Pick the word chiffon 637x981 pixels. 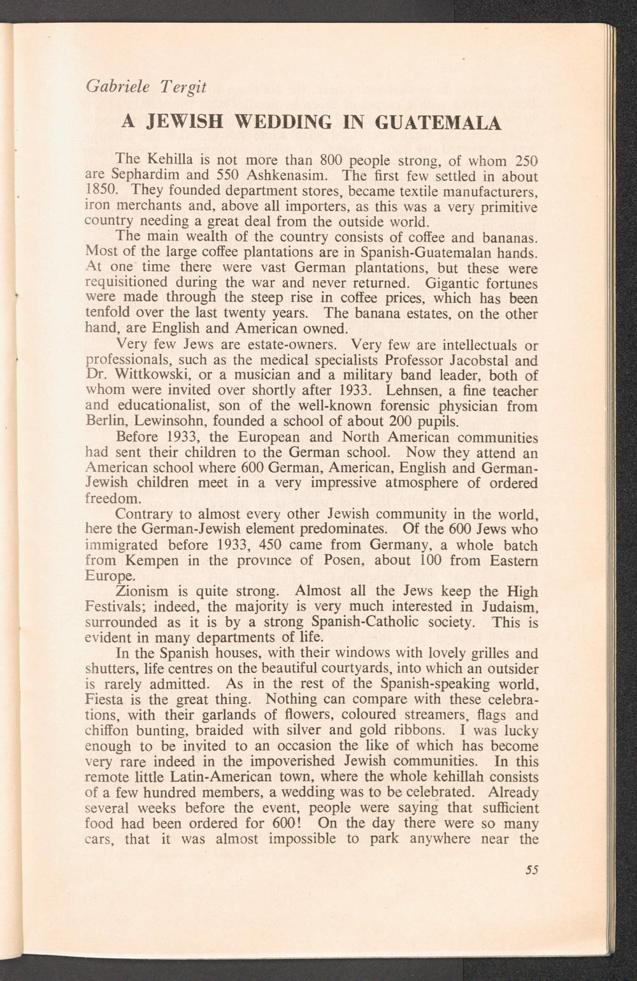[x=107, y=731]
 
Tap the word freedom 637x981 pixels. [x=111, y=498]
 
